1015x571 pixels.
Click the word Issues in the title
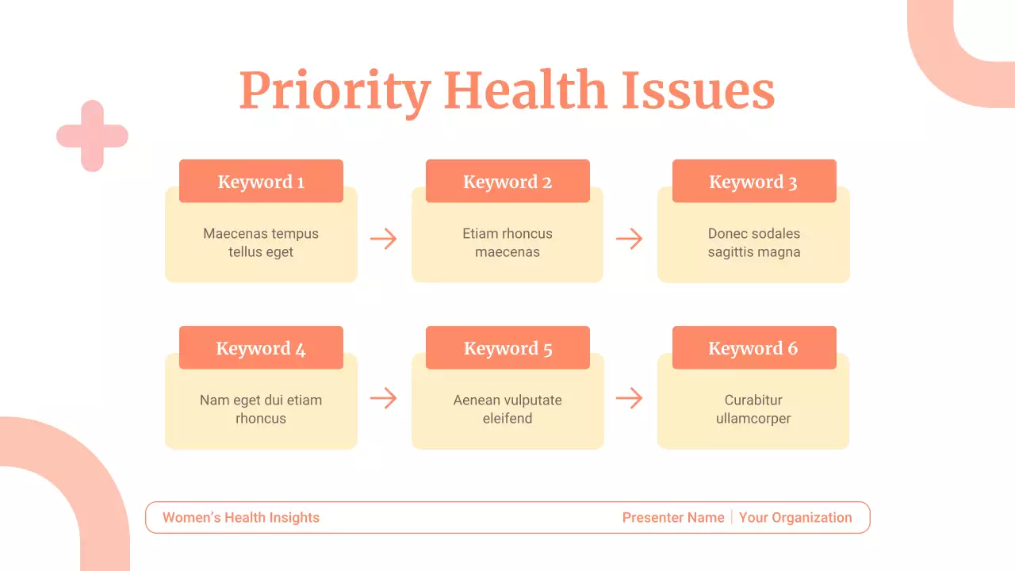(x=698, y=90)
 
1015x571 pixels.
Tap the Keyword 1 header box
(x=261, y=182)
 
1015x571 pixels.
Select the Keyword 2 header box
(x=507, y=182)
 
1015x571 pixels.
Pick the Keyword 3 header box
(x=754, y=182)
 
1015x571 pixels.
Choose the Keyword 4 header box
(x=261, y=348)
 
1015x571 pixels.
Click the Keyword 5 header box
(x=507, y=348)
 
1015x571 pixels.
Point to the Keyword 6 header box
(x=754, y=348)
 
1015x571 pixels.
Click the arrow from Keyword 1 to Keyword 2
(x=384, y=239)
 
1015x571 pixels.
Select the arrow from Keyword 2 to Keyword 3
(x=630, y=239)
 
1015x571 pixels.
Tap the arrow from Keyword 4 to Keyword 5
(x=384, y=398)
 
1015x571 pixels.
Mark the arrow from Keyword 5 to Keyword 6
(x=630, y=398)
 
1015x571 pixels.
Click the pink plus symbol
(x=92, y=136)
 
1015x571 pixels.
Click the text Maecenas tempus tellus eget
(x=261, y=243)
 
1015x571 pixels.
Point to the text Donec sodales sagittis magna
(x=754, y=243)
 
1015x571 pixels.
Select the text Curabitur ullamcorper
(x=753, y=409)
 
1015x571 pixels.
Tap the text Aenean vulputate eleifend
(x=507, y=409)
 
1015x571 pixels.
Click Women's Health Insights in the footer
(x=241, y=518)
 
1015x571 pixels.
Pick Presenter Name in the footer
(x=673, y=518)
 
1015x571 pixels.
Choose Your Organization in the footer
(x=795, y=518)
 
